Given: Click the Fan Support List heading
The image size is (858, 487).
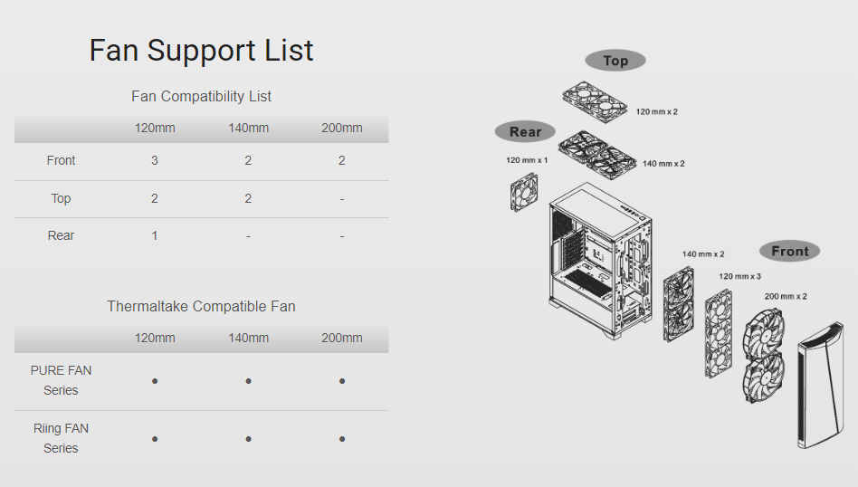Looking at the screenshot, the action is [201, 51].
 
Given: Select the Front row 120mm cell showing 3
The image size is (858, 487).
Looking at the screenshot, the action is [154, 160].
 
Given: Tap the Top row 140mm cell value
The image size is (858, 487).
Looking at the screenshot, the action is [248, 198].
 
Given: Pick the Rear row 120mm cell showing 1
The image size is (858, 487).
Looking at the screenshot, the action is [154, 235].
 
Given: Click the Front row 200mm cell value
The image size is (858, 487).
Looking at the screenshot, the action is [341, 160].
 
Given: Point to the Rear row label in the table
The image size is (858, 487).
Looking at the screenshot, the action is [61, 235].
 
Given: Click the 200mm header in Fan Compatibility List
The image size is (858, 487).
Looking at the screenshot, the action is [341, 128].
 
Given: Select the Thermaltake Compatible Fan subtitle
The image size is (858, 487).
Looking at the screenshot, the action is [201, 306].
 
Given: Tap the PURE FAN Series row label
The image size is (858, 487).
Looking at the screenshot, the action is [61, 380].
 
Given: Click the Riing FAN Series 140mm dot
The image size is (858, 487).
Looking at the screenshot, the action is [248, 439].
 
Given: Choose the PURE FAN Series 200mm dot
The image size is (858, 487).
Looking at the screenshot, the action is [342, 381].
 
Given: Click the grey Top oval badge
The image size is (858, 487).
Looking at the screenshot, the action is [615, 61].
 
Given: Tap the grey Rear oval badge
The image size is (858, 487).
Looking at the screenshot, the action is [525, 131].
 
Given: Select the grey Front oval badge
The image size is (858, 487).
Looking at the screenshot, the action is [789, 251].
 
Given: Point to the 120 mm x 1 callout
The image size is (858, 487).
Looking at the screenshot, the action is [527, 160].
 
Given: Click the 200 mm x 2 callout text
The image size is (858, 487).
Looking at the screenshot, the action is [786, 296].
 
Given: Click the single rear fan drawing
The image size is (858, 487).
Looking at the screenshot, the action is [524, 192].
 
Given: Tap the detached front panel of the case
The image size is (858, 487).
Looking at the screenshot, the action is [820, 386].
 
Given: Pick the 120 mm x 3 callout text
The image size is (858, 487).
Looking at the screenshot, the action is [739, 276].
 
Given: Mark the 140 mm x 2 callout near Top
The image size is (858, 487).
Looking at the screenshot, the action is [663, 164].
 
